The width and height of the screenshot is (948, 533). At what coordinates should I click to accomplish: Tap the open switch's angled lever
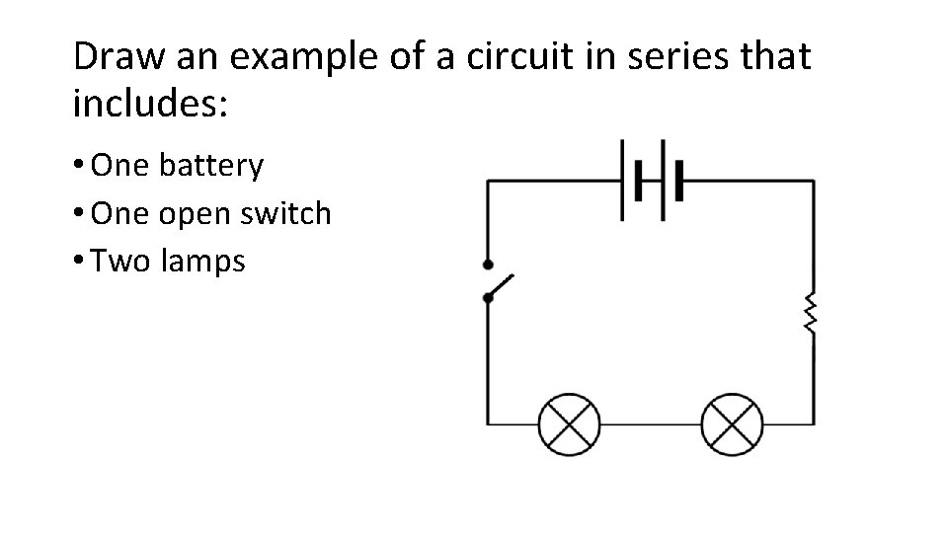pos(502,285)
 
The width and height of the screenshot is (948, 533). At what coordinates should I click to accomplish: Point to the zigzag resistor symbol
pos(812,314)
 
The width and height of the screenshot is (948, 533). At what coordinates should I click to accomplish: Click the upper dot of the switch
pos(488,265)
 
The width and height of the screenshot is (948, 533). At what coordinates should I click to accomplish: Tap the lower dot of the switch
pos(488,297)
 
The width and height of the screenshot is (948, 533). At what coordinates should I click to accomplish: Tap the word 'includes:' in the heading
pos(151,105)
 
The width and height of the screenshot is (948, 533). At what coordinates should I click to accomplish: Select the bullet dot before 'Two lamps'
pos(79,263)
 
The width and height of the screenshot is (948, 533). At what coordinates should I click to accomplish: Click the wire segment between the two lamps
pos(650,424)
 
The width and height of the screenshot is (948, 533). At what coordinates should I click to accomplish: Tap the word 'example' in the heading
pos(287,58)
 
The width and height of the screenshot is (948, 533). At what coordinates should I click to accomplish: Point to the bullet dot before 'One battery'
pos(79,167)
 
